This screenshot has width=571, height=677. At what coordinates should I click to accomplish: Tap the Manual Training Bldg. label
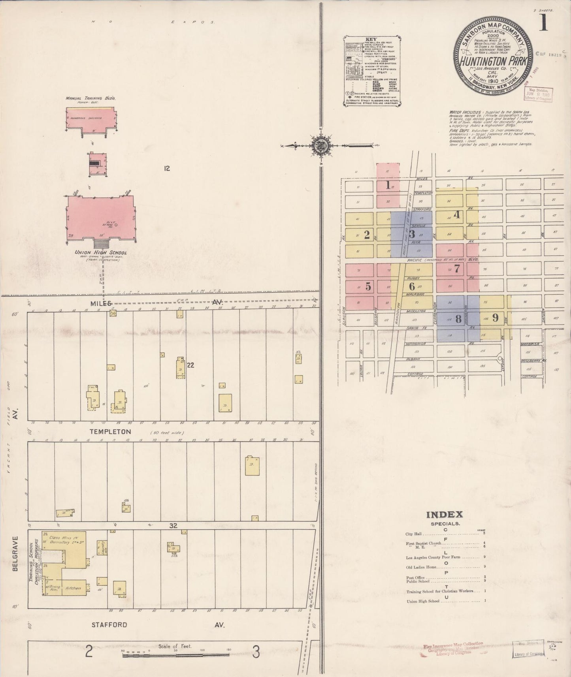[x=90, y=98]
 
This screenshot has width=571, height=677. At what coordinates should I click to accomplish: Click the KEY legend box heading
[x=372, y=39]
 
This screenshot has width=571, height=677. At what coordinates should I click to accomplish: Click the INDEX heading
[x=444, y=514]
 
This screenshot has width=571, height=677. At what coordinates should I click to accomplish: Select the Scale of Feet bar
[x=176, y=655]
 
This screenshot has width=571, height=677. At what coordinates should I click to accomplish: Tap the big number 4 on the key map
[x=457, y=215]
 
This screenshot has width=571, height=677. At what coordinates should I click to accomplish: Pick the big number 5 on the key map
[x=368, y=287]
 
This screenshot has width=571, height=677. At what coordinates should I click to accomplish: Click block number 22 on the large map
[x=190, y=365]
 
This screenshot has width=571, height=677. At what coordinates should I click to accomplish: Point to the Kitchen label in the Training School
[x=73, y=588]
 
